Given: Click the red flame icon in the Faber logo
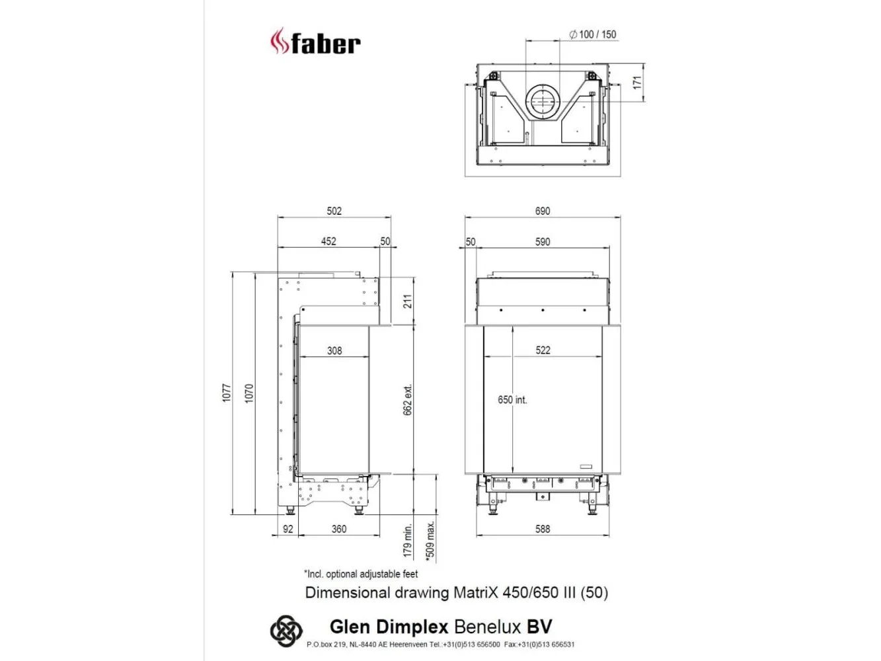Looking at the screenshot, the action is (280, 41).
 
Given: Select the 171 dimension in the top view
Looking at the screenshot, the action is (637, 83).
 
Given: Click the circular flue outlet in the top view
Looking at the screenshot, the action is (542, 102).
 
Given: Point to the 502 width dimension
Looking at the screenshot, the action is (334, 211).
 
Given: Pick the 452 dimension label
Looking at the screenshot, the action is (328, 241).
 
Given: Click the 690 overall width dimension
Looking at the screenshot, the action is (542, 211).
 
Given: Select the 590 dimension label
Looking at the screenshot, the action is (542, 242).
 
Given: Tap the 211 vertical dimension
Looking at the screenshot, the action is (407, 301).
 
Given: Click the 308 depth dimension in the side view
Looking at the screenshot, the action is (334, 351).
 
